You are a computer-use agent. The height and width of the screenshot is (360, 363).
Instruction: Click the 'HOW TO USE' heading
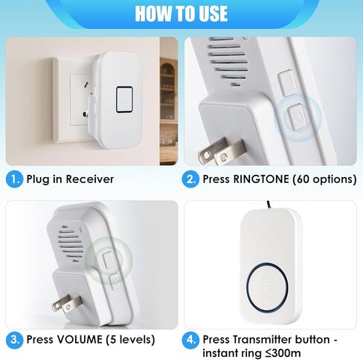(x=181, y=14)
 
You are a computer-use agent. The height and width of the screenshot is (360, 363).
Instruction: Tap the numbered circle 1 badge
(x=14, y=179)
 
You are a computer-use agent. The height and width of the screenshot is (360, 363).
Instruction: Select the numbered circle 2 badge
(x=193, y=179)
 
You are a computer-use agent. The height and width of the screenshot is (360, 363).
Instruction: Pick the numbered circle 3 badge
(x=14, y=340)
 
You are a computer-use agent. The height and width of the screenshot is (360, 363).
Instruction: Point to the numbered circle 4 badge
(x=193, y=339)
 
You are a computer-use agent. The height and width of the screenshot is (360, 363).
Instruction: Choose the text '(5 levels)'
(x=128, y=340)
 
